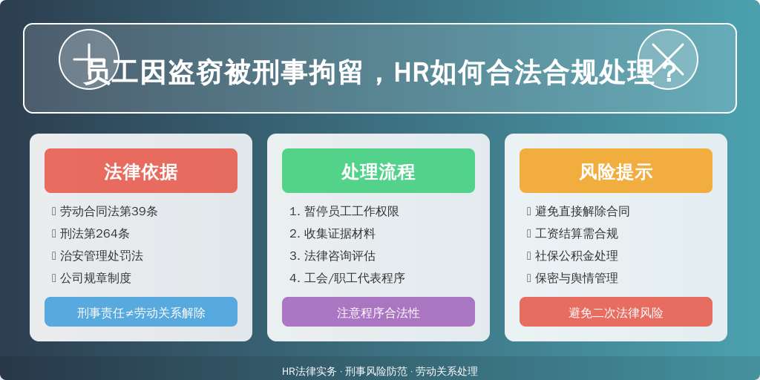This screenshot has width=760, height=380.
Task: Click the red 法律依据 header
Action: click(x=141, y=171)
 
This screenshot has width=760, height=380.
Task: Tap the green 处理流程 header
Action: click(x=379, y=171)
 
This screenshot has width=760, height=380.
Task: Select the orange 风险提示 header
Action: click(x=616, y=171)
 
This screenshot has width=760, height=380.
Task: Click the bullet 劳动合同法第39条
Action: click(x=108, y=212)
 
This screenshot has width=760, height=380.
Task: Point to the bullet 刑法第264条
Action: click(x=94, y=234)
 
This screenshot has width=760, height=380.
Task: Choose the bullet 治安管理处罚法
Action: click(x=101, y=256)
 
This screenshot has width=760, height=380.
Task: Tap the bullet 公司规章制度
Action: click(x=95, y=278)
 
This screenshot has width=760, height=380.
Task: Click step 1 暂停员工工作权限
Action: click(x=344, y=212)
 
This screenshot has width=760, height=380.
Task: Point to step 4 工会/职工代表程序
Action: click(x=347, y=278)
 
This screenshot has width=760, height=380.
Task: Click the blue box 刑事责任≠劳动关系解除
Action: click(x=141, y=312)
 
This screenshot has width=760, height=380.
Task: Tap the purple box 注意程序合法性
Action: click(x=379, y=312)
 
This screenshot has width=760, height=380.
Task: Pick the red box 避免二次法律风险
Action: click(x=616, y=312)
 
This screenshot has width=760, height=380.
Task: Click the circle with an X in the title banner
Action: click(x=668, y=59)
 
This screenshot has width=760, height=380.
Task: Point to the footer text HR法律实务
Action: click(x=309, y=371)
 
